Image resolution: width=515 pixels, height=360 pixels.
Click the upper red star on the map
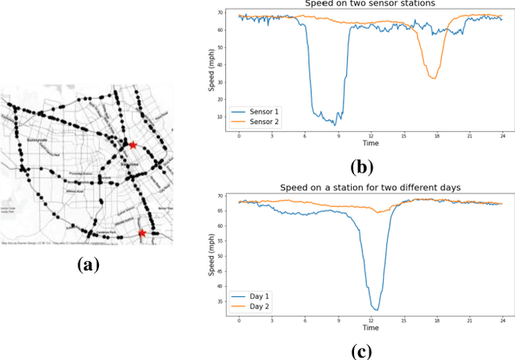(x=133, y=145)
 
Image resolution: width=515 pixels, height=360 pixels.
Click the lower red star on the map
(x=142, y=233)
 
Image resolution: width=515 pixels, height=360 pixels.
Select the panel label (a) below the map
(x=87, y=263)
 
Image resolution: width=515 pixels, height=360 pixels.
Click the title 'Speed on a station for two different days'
(x=370, y=187)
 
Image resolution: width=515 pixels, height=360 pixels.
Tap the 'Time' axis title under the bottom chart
(x=370, y=329)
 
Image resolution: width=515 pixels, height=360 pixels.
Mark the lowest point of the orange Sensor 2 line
(x=434, y=78)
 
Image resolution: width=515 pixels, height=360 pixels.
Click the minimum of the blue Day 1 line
(x=375, y=310)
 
